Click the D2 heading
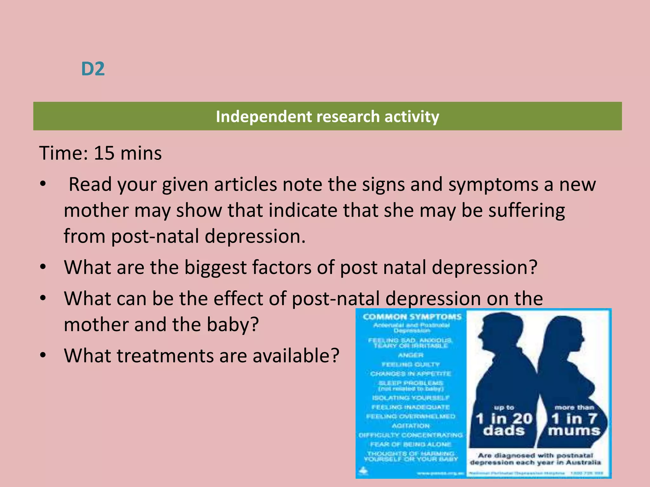coord(93,69)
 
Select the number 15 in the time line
coord(104,153)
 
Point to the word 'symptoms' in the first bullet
coord(493,185)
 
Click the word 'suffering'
coord(527,211)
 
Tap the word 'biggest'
coord(216,267)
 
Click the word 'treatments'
coord(165,356)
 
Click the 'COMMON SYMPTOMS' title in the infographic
coord(412,317)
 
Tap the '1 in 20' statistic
coord(504,419)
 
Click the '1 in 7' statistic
coord(574,419)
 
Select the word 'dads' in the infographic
coord(504,431)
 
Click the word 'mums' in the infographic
coord(574,431)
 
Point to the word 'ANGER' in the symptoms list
coord(411,355)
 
